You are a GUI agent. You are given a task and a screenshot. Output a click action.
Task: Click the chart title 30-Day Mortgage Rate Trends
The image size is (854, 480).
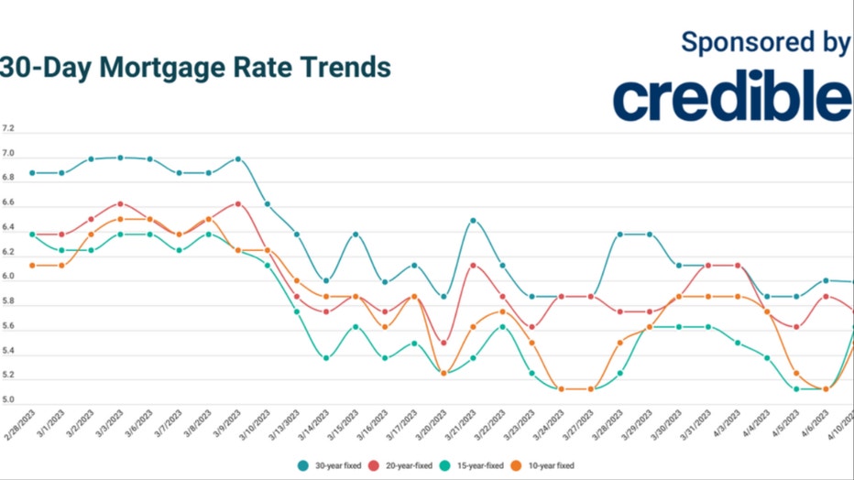pos(194,68)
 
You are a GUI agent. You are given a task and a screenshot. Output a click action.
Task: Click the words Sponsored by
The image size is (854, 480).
pos(765,41)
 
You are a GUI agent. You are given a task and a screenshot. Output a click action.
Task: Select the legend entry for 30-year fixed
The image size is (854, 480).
pos(329,465)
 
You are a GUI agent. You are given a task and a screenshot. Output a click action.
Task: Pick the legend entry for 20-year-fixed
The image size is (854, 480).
pos(402,465)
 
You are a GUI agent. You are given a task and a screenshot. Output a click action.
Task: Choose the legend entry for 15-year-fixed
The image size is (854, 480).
pos(476,465)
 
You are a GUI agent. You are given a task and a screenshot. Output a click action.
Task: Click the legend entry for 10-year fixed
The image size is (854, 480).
pos(550,465)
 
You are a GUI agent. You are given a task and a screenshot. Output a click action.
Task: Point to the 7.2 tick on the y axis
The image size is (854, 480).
pos(8,128)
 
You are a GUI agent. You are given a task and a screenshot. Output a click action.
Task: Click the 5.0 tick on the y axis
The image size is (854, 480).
pos(8,400)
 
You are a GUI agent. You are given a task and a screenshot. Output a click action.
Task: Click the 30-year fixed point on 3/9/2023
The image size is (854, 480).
pos(237,158)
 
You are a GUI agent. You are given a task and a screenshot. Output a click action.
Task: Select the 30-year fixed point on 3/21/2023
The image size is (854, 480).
pos(473,221)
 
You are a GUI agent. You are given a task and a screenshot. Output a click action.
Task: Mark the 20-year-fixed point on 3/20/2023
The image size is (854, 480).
pos(443,343)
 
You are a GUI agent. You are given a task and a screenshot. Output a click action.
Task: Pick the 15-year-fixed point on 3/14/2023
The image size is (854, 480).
pos(325,358)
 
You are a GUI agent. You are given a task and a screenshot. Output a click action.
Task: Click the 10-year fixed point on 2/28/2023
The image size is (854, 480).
pos(32,266)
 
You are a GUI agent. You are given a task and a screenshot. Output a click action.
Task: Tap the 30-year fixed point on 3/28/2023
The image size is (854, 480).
pos(619,235)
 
